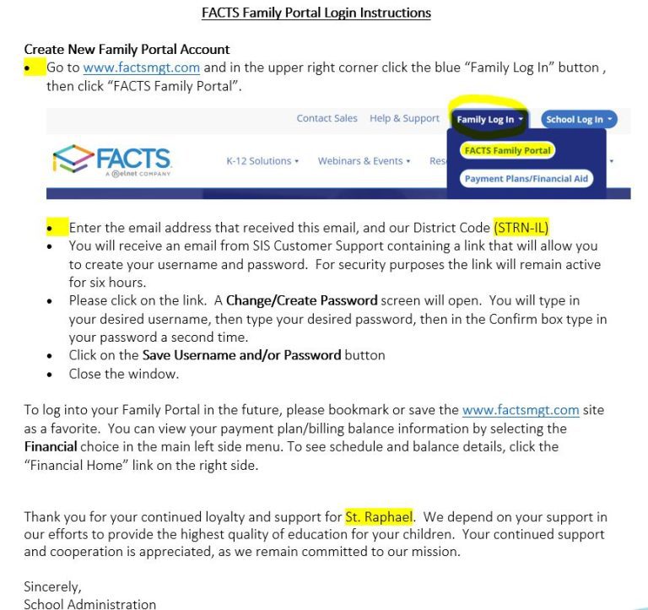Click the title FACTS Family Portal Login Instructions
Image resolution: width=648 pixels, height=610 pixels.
point(316,13)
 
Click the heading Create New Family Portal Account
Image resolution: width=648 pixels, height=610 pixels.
point(127,50)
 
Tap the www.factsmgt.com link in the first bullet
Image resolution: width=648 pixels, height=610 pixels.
point(142,67)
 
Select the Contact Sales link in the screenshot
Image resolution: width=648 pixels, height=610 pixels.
point(327,119)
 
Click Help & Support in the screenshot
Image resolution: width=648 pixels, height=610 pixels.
point(404,119)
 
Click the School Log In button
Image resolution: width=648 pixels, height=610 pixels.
point(579,120)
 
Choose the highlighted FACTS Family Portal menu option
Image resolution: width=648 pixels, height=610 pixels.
point(507,151)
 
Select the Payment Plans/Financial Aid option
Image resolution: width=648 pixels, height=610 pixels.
point(526,179)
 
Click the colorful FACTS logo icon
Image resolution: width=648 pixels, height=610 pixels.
point(73,159)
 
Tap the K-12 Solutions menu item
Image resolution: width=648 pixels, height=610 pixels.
point(262,161)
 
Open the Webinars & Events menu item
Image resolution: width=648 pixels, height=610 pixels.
point(364,161)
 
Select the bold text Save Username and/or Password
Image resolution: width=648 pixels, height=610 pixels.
point(241,355)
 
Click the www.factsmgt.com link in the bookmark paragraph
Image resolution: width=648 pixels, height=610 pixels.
point(521,411)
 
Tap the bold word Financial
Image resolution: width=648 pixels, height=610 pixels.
point(51,445)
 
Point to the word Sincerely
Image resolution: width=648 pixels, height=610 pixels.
point(52,586)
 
